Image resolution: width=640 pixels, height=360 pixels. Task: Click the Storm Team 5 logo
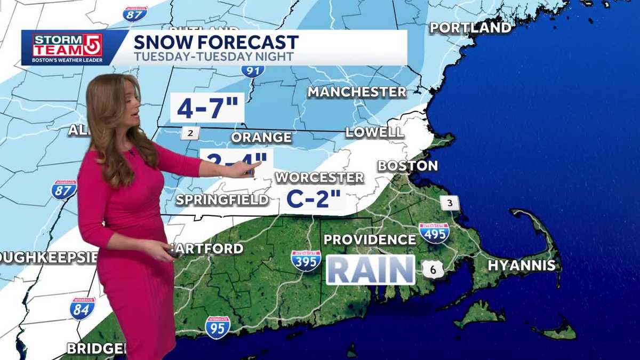click(67, 48)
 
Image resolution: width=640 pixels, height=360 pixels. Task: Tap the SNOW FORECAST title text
click(215, 42)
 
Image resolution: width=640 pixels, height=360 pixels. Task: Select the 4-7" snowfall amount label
click(207, 108)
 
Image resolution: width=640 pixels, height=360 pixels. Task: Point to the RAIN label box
click(370, 270)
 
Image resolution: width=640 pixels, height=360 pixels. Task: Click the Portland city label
click(471, 28)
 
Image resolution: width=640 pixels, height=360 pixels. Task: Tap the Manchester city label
click(357, 92)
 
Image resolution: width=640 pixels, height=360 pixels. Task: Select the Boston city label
click(407, 166)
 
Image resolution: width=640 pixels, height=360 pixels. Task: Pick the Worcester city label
click(319, 178)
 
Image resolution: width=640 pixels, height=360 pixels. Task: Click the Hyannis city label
click(522, 265)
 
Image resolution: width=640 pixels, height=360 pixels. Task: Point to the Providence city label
click(370, 239)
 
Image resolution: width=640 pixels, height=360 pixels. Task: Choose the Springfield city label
click(222, 200)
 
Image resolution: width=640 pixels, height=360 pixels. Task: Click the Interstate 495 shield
click(434, 233)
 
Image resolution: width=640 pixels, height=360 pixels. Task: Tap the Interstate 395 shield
click(306, 261)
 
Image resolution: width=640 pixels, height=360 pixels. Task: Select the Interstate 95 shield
click(218, 327)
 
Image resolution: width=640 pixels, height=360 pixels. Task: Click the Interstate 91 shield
click(252, 70)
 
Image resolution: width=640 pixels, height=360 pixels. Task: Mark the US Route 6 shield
click(433, 269)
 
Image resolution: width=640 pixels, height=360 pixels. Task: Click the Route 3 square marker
click(450, 203)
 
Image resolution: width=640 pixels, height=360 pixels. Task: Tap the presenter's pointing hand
click(246, 169)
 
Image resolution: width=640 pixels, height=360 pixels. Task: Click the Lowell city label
click(374, 132)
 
